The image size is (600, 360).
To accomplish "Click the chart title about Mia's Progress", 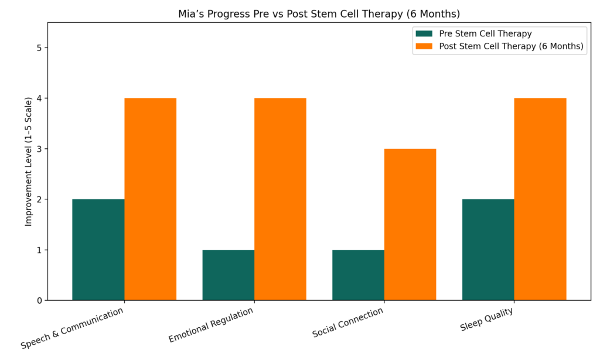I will (320, 14).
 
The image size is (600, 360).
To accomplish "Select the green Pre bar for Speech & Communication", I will (98, 250).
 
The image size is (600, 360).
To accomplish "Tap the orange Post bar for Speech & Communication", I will (150, 199).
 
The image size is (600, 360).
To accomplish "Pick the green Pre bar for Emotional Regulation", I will (229, 275).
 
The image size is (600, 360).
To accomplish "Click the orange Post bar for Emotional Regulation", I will (280, 199).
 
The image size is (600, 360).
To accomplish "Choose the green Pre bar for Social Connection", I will (358, 275).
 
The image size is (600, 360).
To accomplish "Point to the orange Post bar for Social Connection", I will (410, 225).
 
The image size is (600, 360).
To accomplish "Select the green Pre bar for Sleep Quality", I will (488, 250).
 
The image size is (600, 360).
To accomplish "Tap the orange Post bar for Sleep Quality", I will (540, 199).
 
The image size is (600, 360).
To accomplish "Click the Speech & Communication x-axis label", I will (73, 328).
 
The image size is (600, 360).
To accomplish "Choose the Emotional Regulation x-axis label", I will (212, 325).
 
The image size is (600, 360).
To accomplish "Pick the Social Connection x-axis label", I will (348, 322).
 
